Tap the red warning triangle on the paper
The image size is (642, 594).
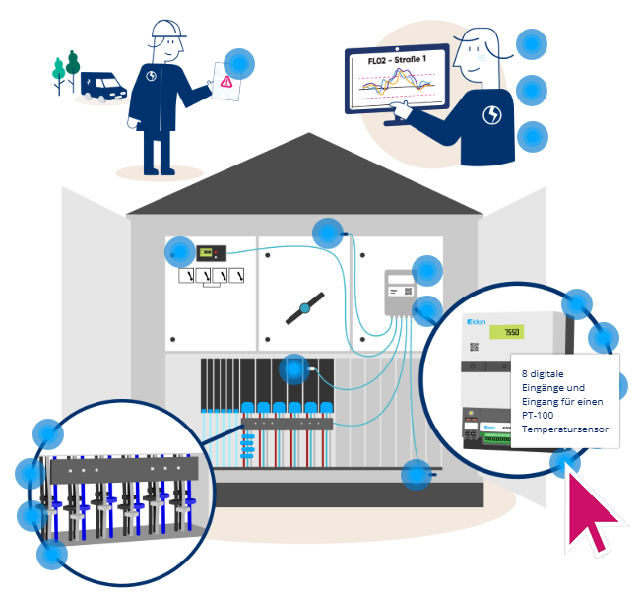[x=226, y=84]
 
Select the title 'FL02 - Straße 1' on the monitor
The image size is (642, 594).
[x=396, y=62]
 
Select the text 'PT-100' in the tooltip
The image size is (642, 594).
[x=540, y=416]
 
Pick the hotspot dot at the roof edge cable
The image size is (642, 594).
[x=328, y=233]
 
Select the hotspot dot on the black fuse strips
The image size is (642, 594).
[x=293, y=369]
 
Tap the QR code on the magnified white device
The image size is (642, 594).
[x=474, y=347]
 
